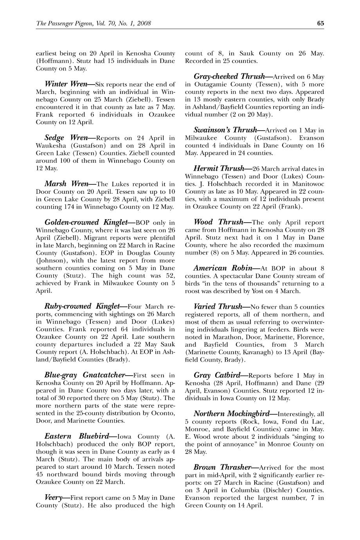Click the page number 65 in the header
pos(320,23)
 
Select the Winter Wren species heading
pos(66,84)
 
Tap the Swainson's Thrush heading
pos(225,130)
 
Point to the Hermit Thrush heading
pos(218,169)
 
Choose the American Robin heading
pos(221,268)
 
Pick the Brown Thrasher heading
pos(222,467)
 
